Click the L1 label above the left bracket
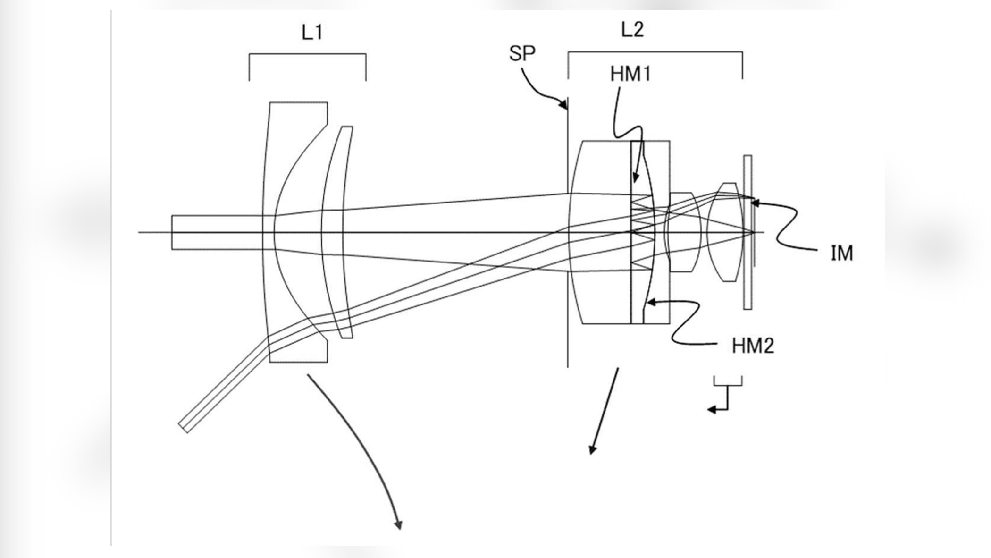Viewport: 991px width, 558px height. pyautogui.click(x=312, y=33)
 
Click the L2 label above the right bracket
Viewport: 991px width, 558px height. pyautogui.click(x=632, y=30)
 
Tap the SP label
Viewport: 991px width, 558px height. pyautogui.click(x=522, y=53)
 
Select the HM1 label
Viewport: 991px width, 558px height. pyautogui.click(x=630, y=74)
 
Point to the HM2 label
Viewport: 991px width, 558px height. pyautogui.click(x=753, y=346)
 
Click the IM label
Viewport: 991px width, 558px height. pyautogui.click(x=841, y=254)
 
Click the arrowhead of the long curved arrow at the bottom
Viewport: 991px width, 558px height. pyautogui.click(x=399, y=525)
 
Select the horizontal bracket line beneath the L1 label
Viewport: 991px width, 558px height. pyautogui.click(x=307, y=54)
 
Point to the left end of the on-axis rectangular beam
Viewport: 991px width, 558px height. pyautogui.click(x=172, y=232)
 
